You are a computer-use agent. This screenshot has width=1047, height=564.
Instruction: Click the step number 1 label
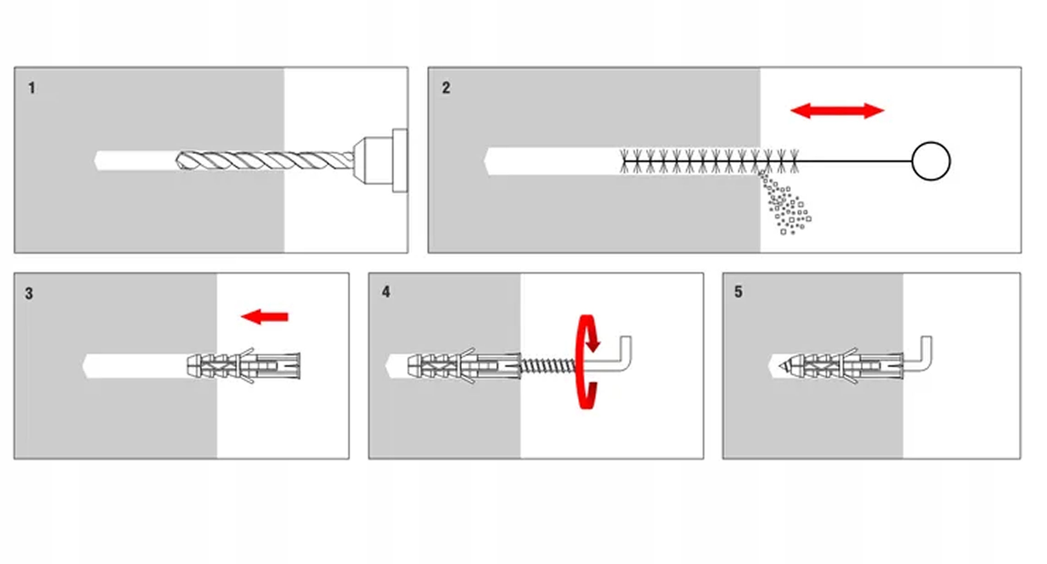tap(32, 88)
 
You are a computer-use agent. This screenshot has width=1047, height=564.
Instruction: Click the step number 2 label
tap(446, 88)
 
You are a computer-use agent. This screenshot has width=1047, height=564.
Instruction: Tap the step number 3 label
tap(29, 293)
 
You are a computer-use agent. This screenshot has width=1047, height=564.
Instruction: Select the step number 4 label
tap(386, 292)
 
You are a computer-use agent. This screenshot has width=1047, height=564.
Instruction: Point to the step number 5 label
tap(738, 292)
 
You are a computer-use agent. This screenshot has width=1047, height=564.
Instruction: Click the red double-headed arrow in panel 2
tap(837, 111)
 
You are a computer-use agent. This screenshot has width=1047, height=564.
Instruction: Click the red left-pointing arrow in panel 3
tap(264, 316)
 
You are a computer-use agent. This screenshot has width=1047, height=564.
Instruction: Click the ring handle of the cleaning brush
tap(931, 161)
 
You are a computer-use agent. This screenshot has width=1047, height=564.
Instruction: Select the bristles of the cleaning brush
tap(709, 161)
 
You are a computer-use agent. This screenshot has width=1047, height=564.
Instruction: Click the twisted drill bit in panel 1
tap(265, 161)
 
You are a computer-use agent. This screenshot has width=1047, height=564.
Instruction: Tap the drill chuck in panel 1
tap(381, 161)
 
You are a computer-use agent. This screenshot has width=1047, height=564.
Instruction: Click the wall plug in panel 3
tap(244, 365)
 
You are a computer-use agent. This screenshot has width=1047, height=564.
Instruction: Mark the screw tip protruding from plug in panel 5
tap(784, 365)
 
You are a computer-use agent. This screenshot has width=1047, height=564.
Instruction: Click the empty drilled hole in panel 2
tap(552, 161)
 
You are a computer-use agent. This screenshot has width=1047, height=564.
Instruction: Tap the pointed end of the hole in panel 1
tap(94, 161)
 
